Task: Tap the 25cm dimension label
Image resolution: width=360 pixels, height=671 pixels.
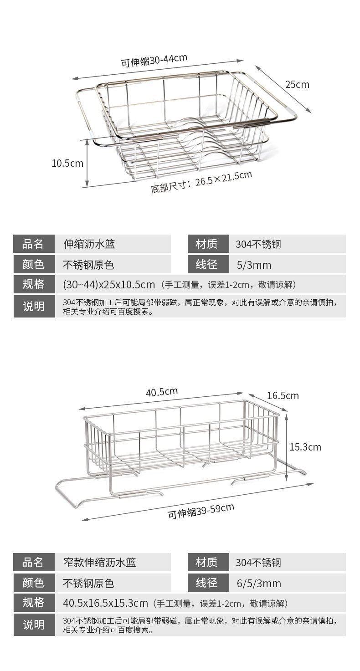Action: (297, 84)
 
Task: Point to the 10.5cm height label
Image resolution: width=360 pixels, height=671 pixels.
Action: (67, 163)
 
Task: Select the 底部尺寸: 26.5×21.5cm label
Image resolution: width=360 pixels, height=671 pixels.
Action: (201, 181)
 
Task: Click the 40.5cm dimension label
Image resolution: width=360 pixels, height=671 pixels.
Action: (162, 391)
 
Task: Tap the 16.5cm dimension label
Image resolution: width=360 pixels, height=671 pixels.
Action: (283, 395)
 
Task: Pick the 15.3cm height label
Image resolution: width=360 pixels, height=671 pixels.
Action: (305, 447)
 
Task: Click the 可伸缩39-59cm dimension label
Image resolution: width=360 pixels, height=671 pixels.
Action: (201, 511)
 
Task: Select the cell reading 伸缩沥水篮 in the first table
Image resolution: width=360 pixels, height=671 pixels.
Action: (89, 244)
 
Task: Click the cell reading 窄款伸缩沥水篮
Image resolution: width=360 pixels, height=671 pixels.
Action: (99, 562)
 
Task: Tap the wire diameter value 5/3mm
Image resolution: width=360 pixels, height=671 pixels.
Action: (254, 265)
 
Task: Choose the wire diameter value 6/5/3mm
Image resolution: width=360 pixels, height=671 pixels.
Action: (259, 584)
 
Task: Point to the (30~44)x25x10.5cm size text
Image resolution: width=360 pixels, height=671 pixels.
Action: (108, 285)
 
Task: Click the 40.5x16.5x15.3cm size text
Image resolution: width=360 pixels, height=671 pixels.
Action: (106, 603)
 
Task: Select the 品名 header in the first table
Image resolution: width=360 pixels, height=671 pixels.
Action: (33, 244)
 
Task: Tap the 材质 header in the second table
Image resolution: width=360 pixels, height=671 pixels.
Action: (207, 562)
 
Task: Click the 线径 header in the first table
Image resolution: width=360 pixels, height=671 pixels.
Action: (207, 264)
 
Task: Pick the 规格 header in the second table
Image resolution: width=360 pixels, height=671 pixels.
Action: (33, 603)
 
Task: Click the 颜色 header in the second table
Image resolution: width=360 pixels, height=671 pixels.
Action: (33, 583)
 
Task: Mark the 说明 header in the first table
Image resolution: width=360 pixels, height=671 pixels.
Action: (33, 306)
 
